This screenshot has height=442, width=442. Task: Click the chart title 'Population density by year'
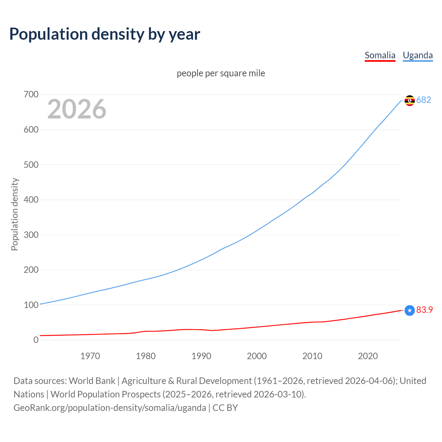tap(105, 34)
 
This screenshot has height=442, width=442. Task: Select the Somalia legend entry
tap(380, 55)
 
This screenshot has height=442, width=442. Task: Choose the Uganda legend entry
tap(417, 55)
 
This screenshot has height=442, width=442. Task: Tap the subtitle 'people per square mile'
tap(221, 73)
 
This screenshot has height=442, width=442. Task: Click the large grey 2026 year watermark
tap(77, 109)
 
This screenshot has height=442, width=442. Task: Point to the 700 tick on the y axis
tap(31, 94)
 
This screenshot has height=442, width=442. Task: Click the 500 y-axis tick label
tap(31, 165)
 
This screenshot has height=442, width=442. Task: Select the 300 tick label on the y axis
tap(31, 235)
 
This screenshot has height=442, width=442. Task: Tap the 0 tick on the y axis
tap(36, 340)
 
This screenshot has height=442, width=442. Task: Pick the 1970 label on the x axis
tap(90, 356)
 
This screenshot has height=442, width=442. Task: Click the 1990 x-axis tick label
tap(201, 356)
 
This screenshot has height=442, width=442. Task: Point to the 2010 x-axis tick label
tap(312, 356)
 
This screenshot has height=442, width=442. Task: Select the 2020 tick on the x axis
tap(368, 356)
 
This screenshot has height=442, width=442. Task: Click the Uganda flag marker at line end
tap(410, 100)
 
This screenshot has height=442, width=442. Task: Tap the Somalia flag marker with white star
tap(410, 310)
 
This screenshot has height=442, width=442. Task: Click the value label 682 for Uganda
tap(424, 100)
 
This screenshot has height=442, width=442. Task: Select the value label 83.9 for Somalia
tap(424, 310)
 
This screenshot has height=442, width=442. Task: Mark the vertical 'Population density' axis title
tap(15, 214)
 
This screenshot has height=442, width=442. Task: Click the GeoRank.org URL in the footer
tap(110, 408)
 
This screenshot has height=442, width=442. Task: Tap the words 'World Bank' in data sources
tap(92, 381)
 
